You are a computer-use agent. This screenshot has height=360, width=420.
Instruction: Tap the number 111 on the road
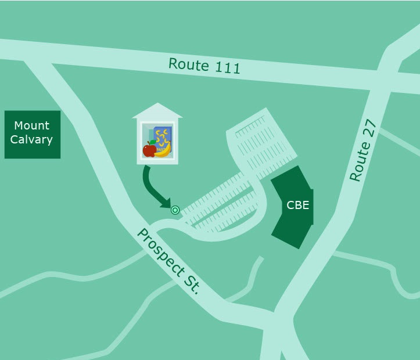pyautogui.click(x=227, y=68)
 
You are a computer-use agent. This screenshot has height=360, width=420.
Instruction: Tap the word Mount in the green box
pyautogui.click(x=32, y=125)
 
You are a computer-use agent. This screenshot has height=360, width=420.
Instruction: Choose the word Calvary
pyautogui.click(x=32, y=139)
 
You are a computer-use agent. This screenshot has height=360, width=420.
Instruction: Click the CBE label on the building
pyautogui.click(x=297, y=206)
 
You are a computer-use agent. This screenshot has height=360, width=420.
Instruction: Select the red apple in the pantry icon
pyautogui.click(x=149, y=150)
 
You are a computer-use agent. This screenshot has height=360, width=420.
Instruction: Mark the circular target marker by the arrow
pyautogui.click(x=175, y=210)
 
